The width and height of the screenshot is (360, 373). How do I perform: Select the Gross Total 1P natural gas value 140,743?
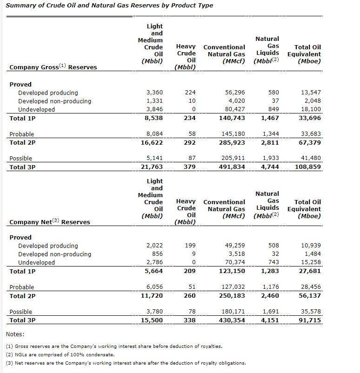(232, 118)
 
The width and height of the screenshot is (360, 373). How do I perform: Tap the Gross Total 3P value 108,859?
(308, 167)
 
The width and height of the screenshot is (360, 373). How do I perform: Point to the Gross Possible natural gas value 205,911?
(233, 159)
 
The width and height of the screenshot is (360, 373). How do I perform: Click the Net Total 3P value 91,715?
(310, 320)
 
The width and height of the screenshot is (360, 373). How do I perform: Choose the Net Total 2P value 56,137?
(310, 295)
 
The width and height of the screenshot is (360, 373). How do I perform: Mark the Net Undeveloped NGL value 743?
(274, 262)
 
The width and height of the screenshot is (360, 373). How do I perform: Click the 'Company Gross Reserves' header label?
(53, 67)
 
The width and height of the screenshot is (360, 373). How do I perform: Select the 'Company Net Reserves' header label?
(50, 222)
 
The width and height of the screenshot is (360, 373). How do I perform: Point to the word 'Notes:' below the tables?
(15, 334)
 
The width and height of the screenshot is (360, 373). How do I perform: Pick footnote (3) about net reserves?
(126, 363)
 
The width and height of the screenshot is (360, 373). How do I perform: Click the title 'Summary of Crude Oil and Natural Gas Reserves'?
(109, 6)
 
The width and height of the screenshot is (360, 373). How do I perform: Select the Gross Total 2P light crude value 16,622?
(152, 142)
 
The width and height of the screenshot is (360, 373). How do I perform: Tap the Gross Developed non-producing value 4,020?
(235, 101)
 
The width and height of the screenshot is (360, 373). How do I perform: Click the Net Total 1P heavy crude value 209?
(190, 271)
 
